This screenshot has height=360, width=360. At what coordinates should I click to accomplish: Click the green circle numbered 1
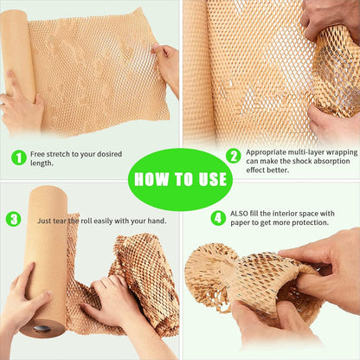18,157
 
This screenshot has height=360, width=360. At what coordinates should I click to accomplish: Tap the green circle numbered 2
233,156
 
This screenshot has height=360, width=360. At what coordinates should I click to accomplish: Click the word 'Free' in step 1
40,153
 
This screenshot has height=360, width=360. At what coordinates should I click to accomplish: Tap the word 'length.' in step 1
42,163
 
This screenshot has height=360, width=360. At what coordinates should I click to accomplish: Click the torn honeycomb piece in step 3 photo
143,277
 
